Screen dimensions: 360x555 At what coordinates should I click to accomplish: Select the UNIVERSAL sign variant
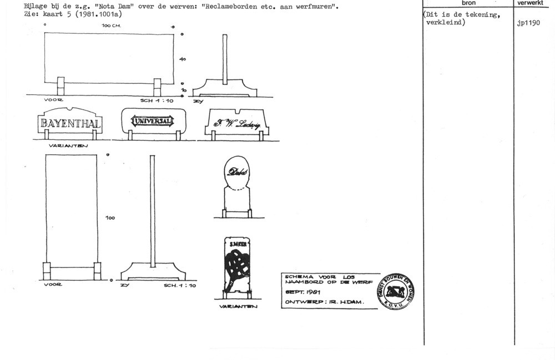[x=152, y=121]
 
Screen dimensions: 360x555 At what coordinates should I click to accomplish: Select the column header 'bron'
[x=468, y=3]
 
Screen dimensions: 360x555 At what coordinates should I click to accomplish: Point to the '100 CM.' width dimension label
[x=112, y=26]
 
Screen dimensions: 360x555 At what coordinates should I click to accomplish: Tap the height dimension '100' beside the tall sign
[x=110, y=218]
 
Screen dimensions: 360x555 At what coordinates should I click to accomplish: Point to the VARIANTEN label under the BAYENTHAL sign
[x=65, y=146]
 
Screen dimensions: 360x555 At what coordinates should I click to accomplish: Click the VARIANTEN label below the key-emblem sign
[x=237, y=306]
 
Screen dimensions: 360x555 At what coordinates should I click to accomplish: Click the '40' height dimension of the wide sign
[x=183, y=59]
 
